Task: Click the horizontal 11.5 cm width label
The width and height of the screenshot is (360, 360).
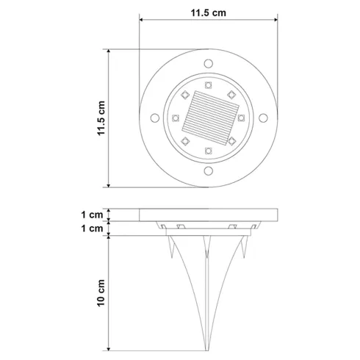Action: tap(209, 13)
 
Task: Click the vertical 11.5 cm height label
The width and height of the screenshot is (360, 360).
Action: tap(101, 118)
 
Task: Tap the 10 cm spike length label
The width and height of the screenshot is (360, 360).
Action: tap(101, 292)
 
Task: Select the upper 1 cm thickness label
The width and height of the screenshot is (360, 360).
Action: tap(92, 215)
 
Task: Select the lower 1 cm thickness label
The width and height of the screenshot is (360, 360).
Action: tap(92, 228)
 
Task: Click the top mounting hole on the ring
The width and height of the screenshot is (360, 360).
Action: tap(209, 63)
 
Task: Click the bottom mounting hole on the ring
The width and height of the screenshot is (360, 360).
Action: tap(209, 171)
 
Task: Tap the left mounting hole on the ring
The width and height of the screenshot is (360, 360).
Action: tap(155, 118)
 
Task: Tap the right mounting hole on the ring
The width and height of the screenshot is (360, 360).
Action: tap(263, 118)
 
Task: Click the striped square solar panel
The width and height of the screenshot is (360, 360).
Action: tap(210, 118)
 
